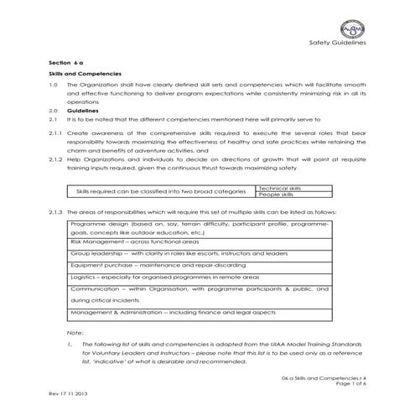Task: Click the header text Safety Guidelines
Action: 337,42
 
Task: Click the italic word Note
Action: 76,333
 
